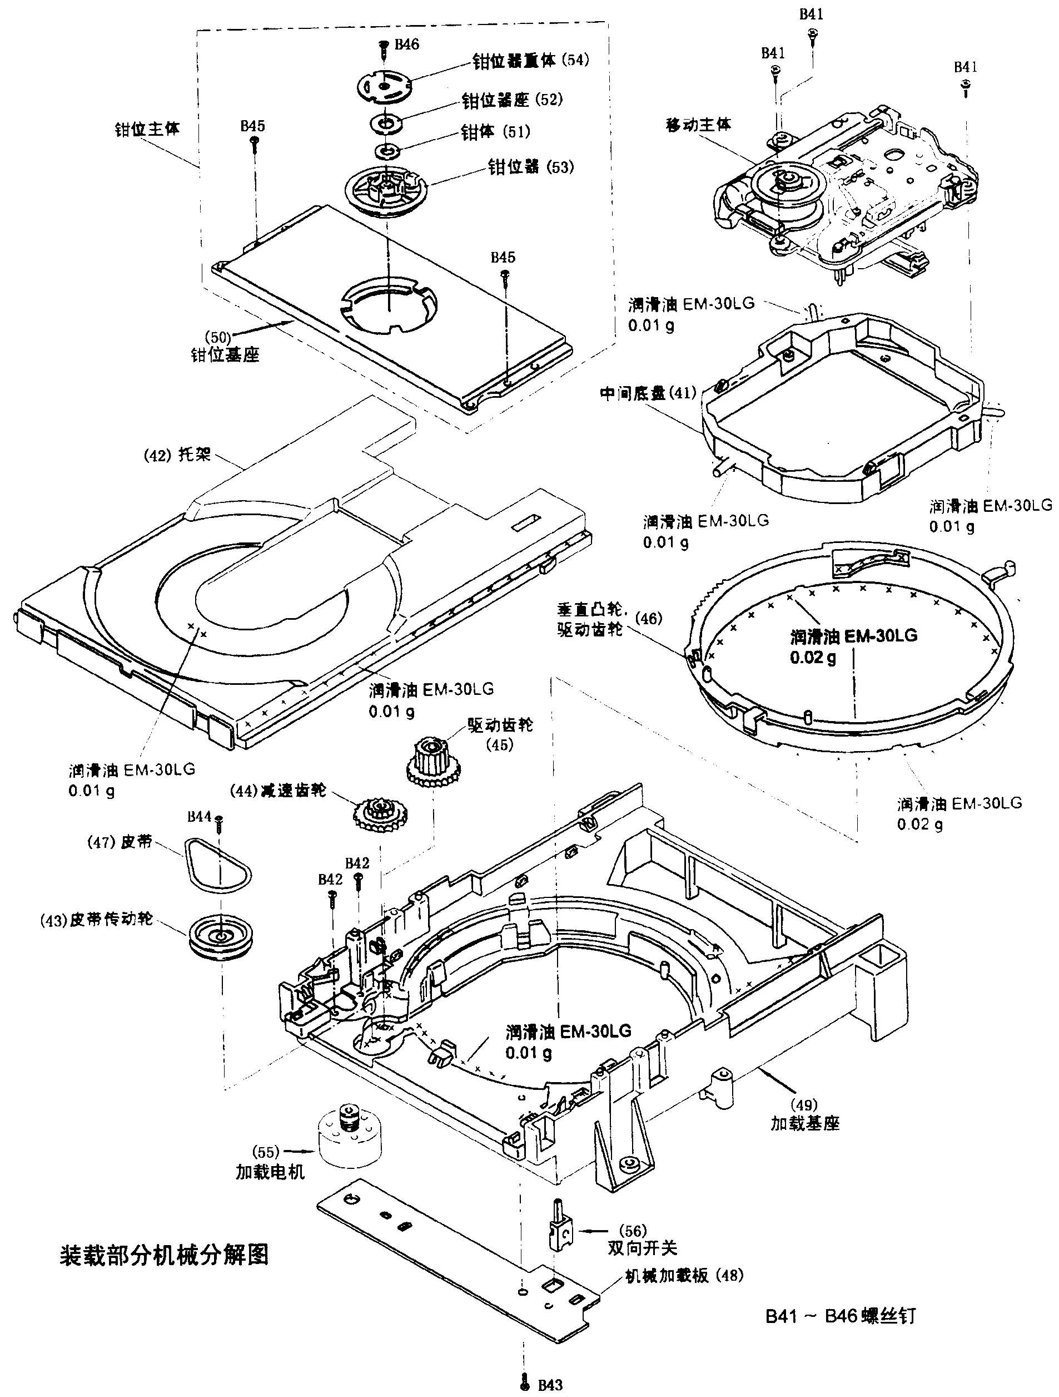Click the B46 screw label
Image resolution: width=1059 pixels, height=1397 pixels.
pos(406,44)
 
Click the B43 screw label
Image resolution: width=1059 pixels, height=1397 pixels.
pos(550,1384)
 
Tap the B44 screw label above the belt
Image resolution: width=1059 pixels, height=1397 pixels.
pos(200,817)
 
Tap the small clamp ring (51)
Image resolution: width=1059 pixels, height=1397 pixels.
pos(386,151)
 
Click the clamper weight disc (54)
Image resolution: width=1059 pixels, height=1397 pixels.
pos(384,86)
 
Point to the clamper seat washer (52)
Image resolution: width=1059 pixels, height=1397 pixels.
pos(386,122)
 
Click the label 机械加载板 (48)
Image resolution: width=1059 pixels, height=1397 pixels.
pos(684,1275)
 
